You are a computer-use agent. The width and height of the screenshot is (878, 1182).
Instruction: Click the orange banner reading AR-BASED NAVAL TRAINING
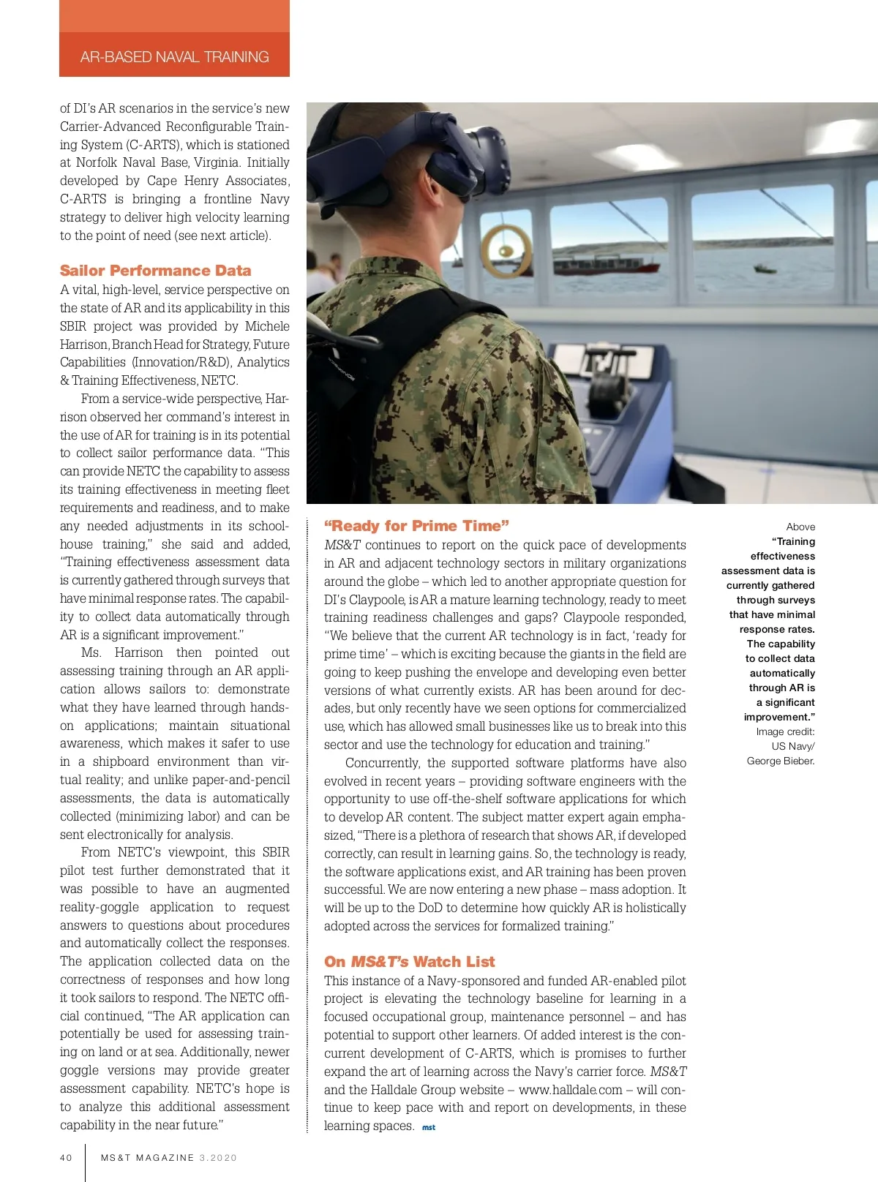coord(174,56)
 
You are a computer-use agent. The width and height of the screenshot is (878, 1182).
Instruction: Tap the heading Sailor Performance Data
coord(155,271)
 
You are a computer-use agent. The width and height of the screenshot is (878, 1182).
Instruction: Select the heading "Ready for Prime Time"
coord(416,526)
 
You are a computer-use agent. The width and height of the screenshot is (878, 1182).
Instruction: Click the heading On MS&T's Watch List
coord(409,962)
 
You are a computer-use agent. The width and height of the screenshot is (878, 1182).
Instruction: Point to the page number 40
coord(66,1158)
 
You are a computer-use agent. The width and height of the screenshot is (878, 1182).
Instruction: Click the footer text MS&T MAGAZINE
coord(148,1158)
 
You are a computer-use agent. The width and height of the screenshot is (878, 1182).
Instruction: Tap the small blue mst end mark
coord(429,1128)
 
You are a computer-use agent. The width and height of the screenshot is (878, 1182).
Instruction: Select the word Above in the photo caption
coord(800,527)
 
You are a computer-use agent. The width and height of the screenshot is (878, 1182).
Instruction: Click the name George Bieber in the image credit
coord(780,761)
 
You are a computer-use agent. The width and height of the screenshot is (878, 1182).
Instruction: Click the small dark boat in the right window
coord(765,268)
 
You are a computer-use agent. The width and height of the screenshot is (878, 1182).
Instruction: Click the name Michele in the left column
coord(267,326)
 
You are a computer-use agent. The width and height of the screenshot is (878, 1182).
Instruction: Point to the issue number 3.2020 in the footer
coord(218,1158)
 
